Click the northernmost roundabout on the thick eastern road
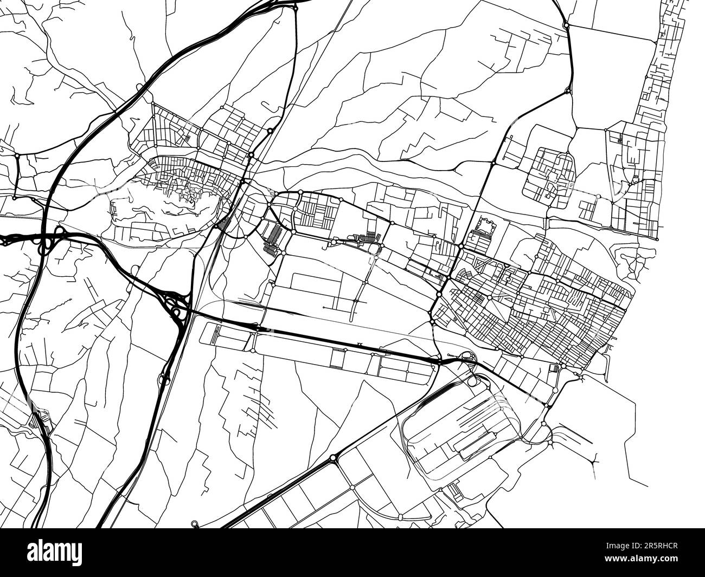(566, 24)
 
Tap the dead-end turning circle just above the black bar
(194, 523)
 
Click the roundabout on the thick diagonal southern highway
(332, 458)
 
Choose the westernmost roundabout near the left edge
(17, 155)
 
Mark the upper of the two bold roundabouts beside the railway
(270, 131)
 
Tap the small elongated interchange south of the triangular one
(164, 379)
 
